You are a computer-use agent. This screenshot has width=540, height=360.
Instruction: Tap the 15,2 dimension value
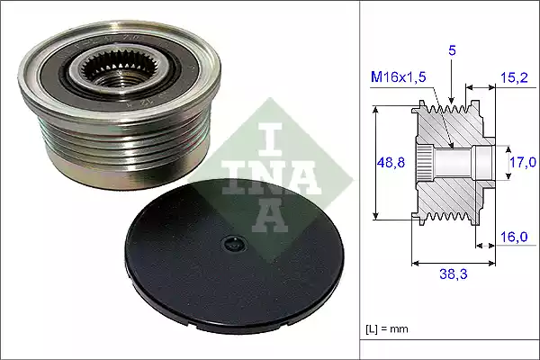515,77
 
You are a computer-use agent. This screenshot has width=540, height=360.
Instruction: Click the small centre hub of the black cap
233,243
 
